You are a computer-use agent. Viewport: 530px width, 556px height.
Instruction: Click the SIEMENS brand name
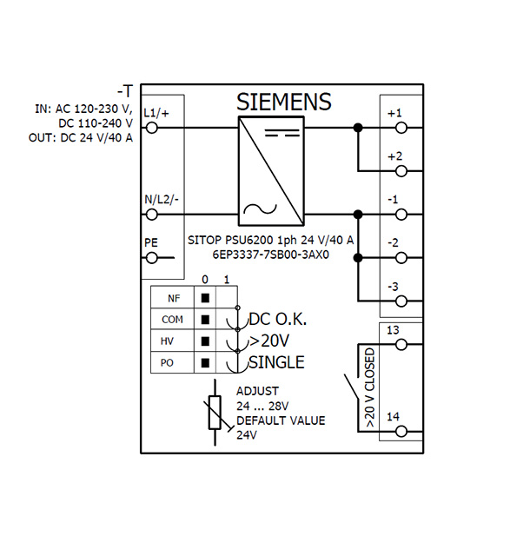pyautogui.click(x=284, y=102)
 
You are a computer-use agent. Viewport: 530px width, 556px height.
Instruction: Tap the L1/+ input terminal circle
pyautogui.click(x=151, y=128)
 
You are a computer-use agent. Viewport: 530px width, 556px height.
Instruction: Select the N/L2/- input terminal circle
pyautogui.click(x=151, y=215)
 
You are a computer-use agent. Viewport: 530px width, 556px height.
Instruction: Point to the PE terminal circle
pyautogui.click(x=151, y=258)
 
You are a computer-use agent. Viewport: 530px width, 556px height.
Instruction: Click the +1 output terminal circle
pyautogui.click(x=401, y=128)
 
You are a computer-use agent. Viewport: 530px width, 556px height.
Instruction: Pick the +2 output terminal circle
pyautogui.click(x=401, y=171)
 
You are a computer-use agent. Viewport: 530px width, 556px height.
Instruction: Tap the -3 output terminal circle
pyautogui.click(x=401, y=301)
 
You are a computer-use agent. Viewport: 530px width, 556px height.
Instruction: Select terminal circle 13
pyautogui.click(x=401, y=344)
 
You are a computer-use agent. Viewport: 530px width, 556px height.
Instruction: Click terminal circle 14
pyautogui.click(x=401, y=432)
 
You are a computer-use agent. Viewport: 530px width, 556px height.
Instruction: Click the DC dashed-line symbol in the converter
pyautogui.click(x=282, y=133)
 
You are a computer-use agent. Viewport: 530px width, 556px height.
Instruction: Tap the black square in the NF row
pyautogui.click(x=205, y=298)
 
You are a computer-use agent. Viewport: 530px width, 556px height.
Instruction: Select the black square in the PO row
pyautogui.click(x=205, y=363)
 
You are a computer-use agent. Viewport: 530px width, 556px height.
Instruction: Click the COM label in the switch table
pyautogui.click(x=172, y=320)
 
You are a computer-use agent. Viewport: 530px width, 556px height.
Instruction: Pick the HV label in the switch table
pyautogui.click(x=167, y=341)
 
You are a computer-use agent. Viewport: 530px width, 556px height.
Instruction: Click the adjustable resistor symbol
pyautogui.click(x=215, y=413)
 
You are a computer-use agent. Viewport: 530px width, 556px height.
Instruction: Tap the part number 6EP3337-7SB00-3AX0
pyautogui.click(x=271, y=255)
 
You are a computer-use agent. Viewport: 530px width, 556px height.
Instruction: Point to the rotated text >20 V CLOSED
pyautogui.click(x=369, y=387)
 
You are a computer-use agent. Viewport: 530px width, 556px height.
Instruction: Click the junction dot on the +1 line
pyautogui.click(x=358, y=128)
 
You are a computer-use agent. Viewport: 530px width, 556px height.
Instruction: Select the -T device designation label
pyautogui.click(x=125, y=91)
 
